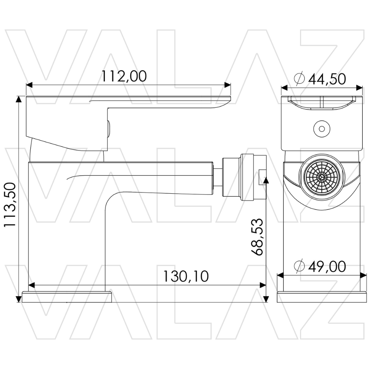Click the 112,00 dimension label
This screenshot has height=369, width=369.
coord(124,76)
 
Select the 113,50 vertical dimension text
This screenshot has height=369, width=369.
coord(10,204)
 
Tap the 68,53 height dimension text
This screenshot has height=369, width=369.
coord(256,237)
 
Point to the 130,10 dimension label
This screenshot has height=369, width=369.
coord(186,276)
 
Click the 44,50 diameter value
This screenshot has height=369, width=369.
coord(327,79)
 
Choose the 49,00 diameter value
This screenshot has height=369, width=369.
coord(327,266)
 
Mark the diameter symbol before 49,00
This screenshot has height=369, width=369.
coord(299,266)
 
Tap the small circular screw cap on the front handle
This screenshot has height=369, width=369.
coord(322,129)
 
